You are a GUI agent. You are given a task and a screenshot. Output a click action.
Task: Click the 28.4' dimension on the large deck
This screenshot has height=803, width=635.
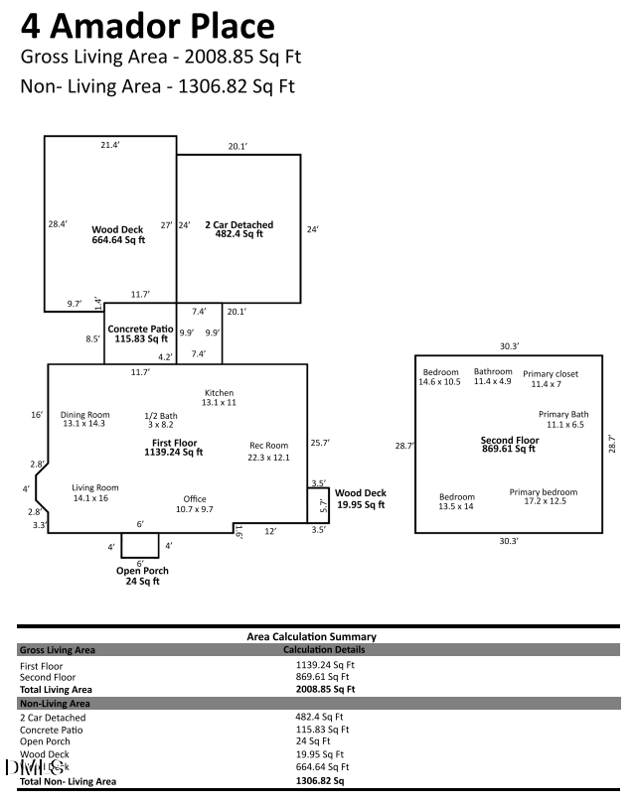57,224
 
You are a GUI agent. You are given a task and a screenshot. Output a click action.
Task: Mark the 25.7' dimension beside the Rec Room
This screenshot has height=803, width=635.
319,442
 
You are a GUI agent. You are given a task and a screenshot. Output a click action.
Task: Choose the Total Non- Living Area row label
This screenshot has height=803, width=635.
68,781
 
